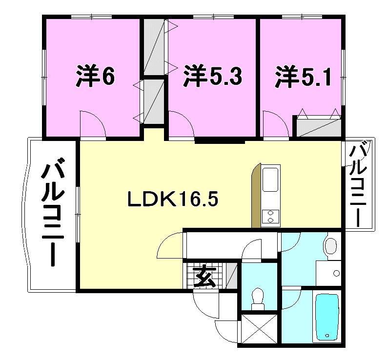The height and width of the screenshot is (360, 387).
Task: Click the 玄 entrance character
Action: point(204,278)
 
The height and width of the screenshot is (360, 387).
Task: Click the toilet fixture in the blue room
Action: point(257,297)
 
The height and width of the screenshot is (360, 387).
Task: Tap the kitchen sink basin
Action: point(271,180)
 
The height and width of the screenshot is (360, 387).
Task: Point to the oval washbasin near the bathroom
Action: point(331,245)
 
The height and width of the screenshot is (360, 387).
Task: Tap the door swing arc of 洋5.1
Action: point(273,124)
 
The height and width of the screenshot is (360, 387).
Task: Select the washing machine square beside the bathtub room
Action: point(328,273)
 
